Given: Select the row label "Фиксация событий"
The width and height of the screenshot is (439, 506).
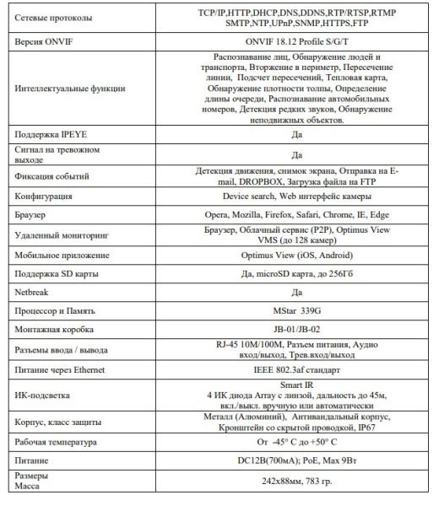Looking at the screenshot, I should [56, 175].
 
